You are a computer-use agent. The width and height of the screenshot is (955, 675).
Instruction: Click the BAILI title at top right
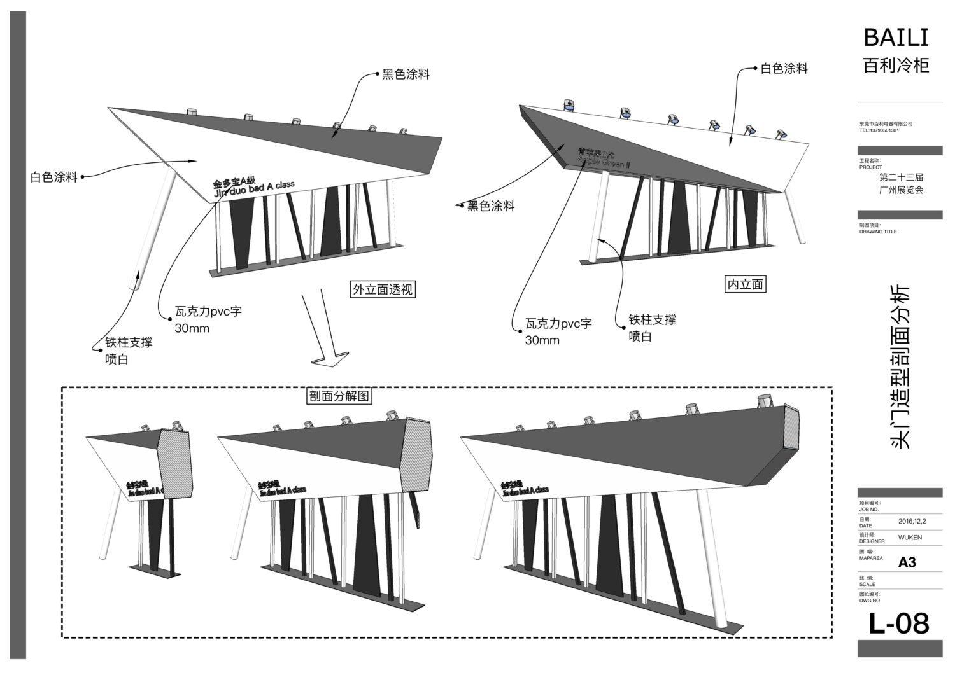coord(896,38)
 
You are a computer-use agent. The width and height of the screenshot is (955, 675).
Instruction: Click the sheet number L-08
coord(898,624)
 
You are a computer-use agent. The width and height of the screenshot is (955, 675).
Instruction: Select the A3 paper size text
coord(907,562)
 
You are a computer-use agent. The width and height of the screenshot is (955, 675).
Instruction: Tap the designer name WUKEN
coord(910,538)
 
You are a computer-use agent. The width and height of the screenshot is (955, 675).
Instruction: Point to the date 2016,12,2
coord(912,521)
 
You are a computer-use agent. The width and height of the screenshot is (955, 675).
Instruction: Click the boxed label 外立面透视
coord(383,290)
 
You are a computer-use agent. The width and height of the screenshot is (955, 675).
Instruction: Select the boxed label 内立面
coord(745,284)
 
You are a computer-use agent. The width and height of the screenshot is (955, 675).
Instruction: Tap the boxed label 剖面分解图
coord(339,396)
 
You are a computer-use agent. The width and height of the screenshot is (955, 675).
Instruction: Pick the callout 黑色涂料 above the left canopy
coord(406,74)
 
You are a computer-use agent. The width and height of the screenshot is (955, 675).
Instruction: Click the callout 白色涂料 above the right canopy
coord(784,69)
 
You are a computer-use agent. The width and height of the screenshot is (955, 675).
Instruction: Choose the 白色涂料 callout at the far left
coord(54,177)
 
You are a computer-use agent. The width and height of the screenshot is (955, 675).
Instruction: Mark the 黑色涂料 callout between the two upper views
coord(491,206)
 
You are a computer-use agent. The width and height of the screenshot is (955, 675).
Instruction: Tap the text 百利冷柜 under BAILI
coord(896,66)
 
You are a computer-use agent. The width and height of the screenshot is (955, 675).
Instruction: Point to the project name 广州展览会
coord(901,190)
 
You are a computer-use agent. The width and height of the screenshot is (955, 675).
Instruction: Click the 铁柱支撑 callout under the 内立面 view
coord(652,320)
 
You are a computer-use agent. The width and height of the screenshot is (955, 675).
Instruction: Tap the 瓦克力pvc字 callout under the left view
coord(208,312)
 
